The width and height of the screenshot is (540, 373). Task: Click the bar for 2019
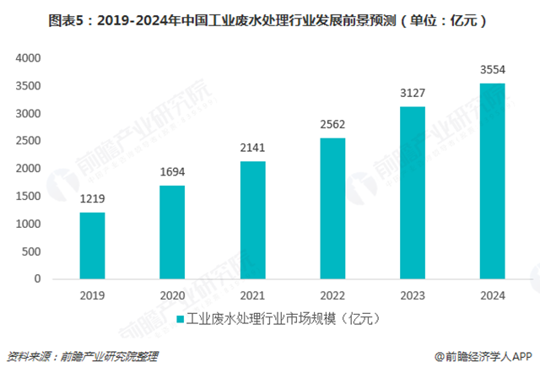(94, 246)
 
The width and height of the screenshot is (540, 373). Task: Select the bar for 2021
(253, 219)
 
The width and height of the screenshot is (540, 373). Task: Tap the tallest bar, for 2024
(493, 181)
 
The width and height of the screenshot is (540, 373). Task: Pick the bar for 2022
(332, 208)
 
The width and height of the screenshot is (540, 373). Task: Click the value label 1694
(173, 172)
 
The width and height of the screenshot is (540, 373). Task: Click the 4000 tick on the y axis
(29, 58)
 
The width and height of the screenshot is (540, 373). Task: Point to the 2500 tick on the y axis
(29, 141)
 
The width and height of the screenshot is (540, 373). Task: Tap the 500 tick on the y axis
(32, 251)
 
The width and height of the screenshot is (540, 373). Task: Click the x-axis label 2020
(173, 295)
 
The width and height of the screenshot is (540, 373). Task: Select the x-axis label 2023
(413, 295)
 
